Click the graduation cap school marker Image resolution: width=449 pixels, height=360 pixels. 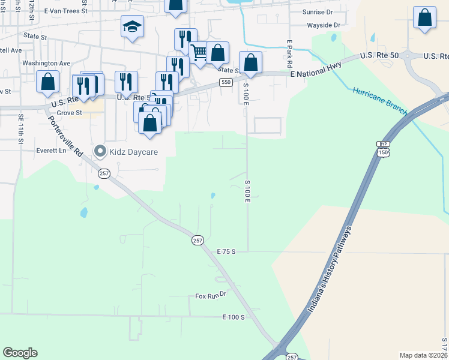pyautogui.click(x=132, y=27)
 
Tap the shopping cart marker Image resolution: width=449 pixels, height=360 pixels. pyautogui.click(x=199, y=53)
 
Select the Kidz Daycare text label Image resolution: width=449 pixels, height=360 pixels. pyautogui.click(x=133, y=152)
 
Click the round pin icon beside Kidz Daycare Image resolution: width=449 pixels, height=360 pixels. pyautogui.click(x=100, y=152)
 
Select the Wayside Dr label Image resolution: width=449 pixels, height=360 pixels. pyautogui.click(x=324, y=25)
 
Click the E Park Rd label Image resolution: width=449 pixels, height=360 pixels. pyautogui.click(x=289, y=53)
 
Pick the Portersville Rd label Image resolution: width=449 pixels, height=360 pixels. pyautogui.click(x=64, y=133)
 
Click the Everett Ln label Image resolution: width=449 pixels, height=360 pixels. pyautogui.click(x=50, y=151)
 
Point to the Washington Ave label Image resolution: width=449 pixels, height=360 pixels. pyautogui.click(x=46, y=63)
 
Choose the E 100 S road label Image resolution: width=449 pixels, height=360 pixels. pyautogui.click(x=233, y=316)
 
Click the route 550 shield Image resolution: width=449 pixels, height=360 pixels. pyautogui.click(x=226, y=82)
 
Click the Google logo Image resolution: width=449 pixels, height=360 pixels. pyautogui.click(x=20, y=353)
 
